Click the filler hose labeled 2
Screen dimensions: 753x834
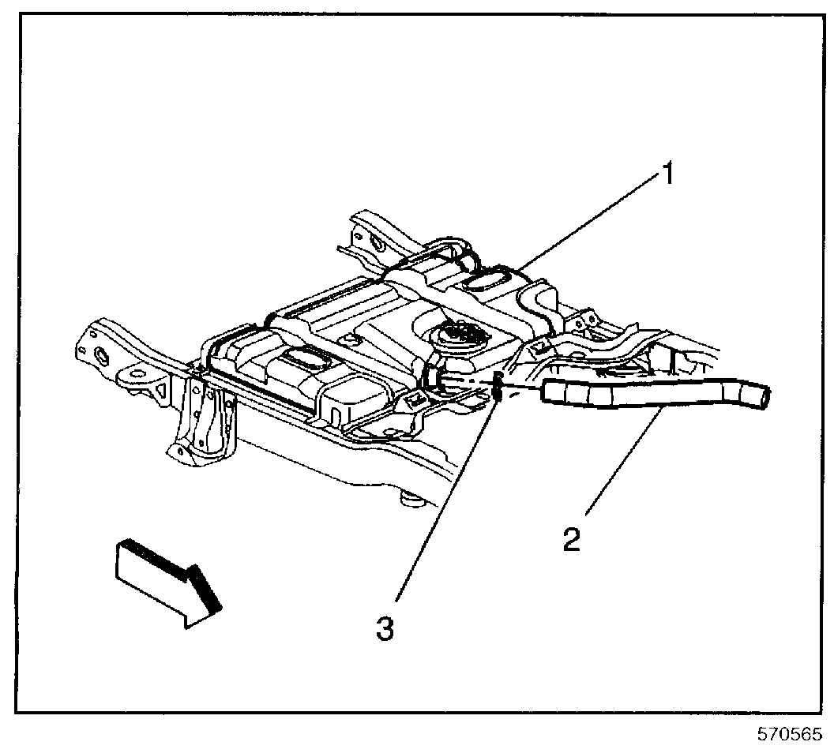[x=648, y=395]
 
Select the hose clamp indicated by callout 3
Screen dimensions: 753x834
[x=498, y=386]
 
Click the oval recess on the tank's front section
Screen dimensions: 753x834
[x=303, y=360]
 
